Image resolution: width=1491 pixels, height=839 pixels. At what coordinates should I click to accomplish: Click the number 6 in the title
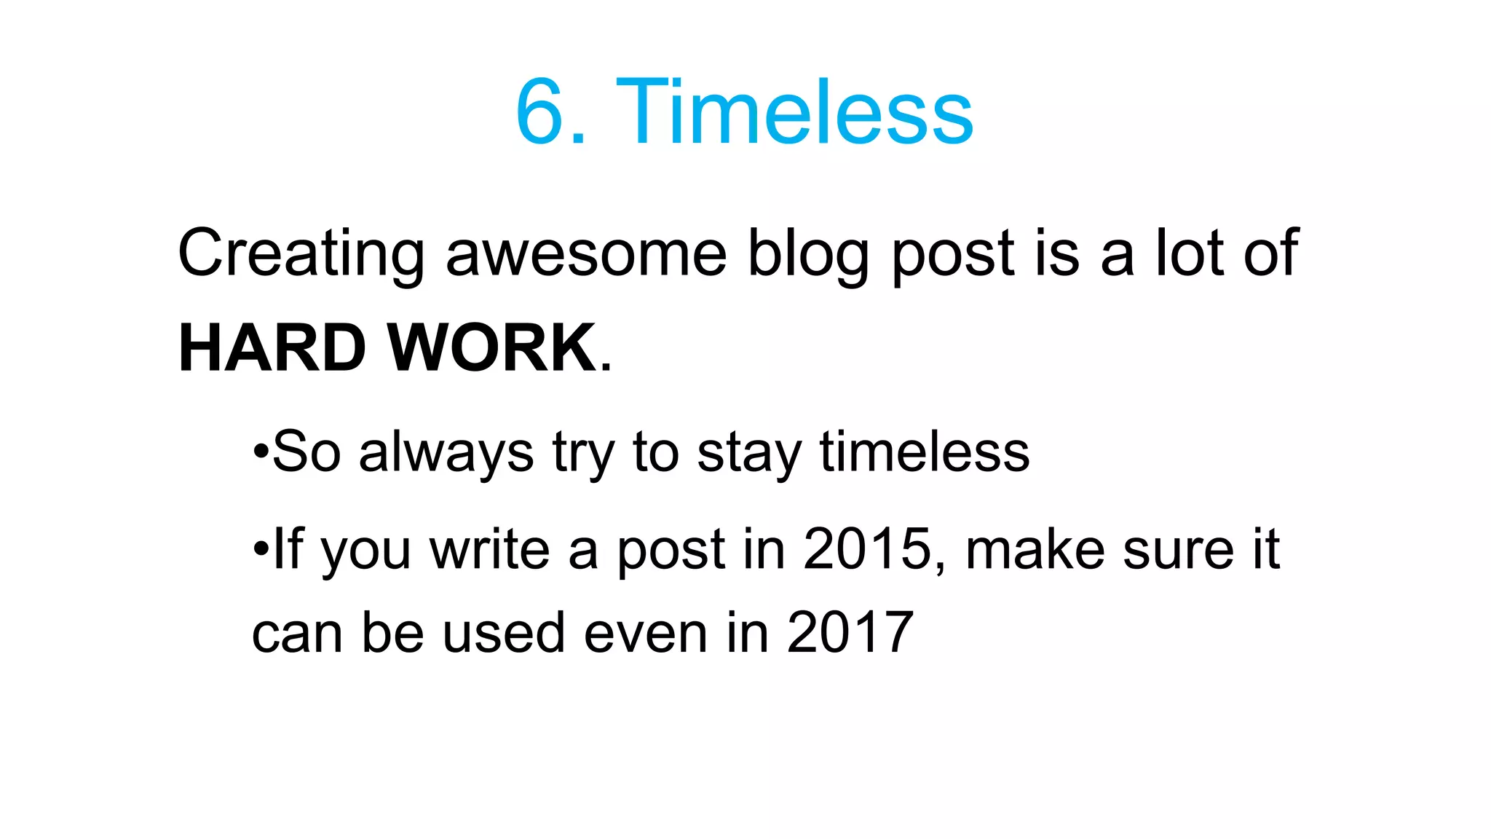pos(541,113)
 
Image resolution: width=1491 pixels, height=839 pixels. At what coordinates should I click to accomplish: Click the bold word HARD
pos(272,348)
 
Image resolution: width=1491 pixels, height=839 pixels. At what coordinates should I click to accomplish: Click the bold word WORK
pos(492,348)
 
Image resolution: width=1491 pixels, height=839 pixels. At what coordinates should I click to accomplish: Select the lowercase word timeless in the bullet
pos(925,452)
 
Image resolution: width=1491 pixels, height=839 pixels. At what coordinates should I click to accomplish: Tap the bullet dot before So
pos(261,452)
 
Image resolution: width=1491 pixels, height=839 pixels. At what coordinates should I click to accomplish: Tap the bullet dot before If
pos(261,549)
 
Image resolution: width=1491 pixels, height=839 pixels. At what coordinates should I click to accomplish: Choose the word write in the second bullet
pos(489,549)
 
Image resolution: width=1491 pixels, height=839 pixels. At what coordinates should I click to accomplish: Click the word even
pos(646,632)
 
